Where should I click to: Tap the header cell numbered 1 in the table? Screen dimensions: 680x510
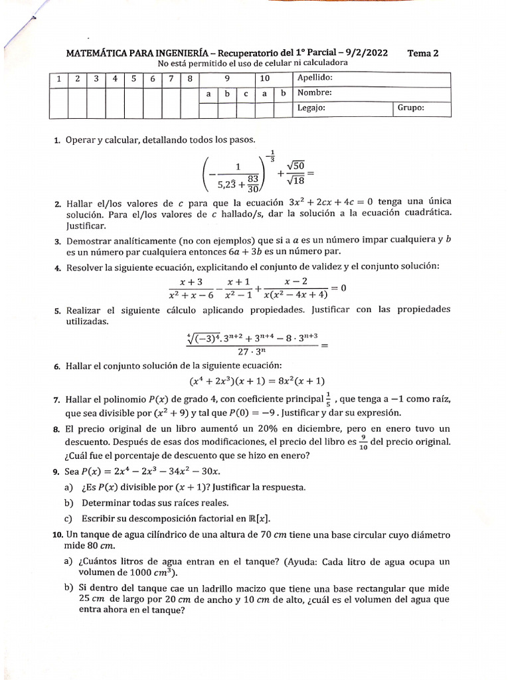[58, 78]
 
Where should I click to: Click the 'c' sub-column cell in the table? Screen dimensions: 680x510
[246, 93]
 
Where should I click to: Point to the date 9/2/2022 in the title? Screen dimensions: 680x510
[367, 54]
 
